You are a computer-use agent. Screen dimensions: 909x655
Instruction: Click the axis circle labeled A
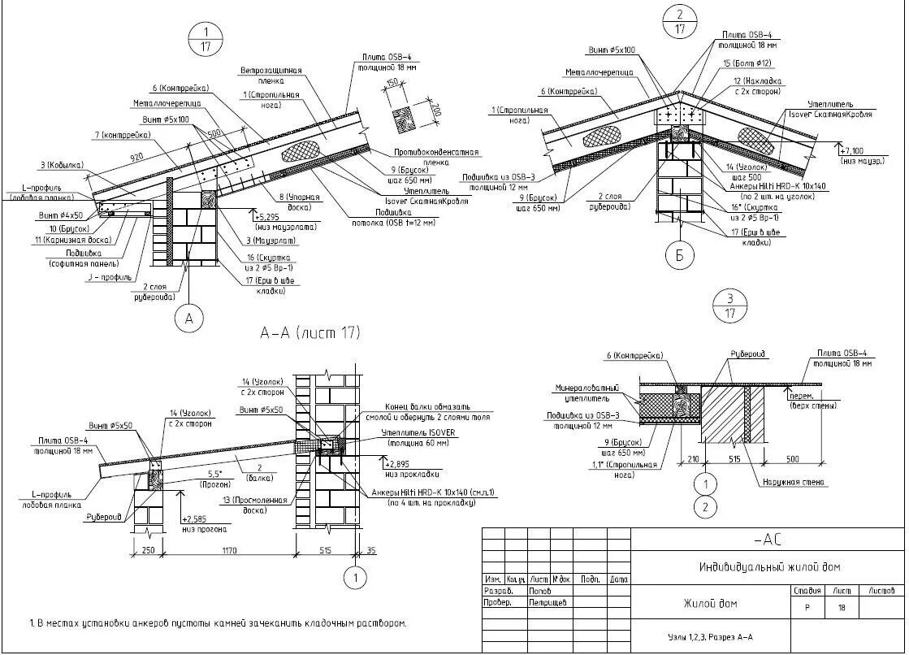[190, 320]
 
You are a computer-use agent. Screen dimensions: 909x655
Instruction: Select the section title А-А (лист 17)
[309, 332]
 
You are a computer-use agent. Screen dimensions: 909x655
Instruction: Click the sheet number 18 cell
[842, 606]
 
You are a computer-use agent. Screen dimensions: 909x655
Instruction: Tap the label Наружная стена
[794, 482]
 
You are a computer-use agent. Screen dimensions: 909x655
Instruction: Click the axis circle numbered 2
[706, 508]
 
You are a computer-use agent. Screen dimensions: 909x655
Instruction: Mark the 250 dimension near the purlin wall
[148, 551]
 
